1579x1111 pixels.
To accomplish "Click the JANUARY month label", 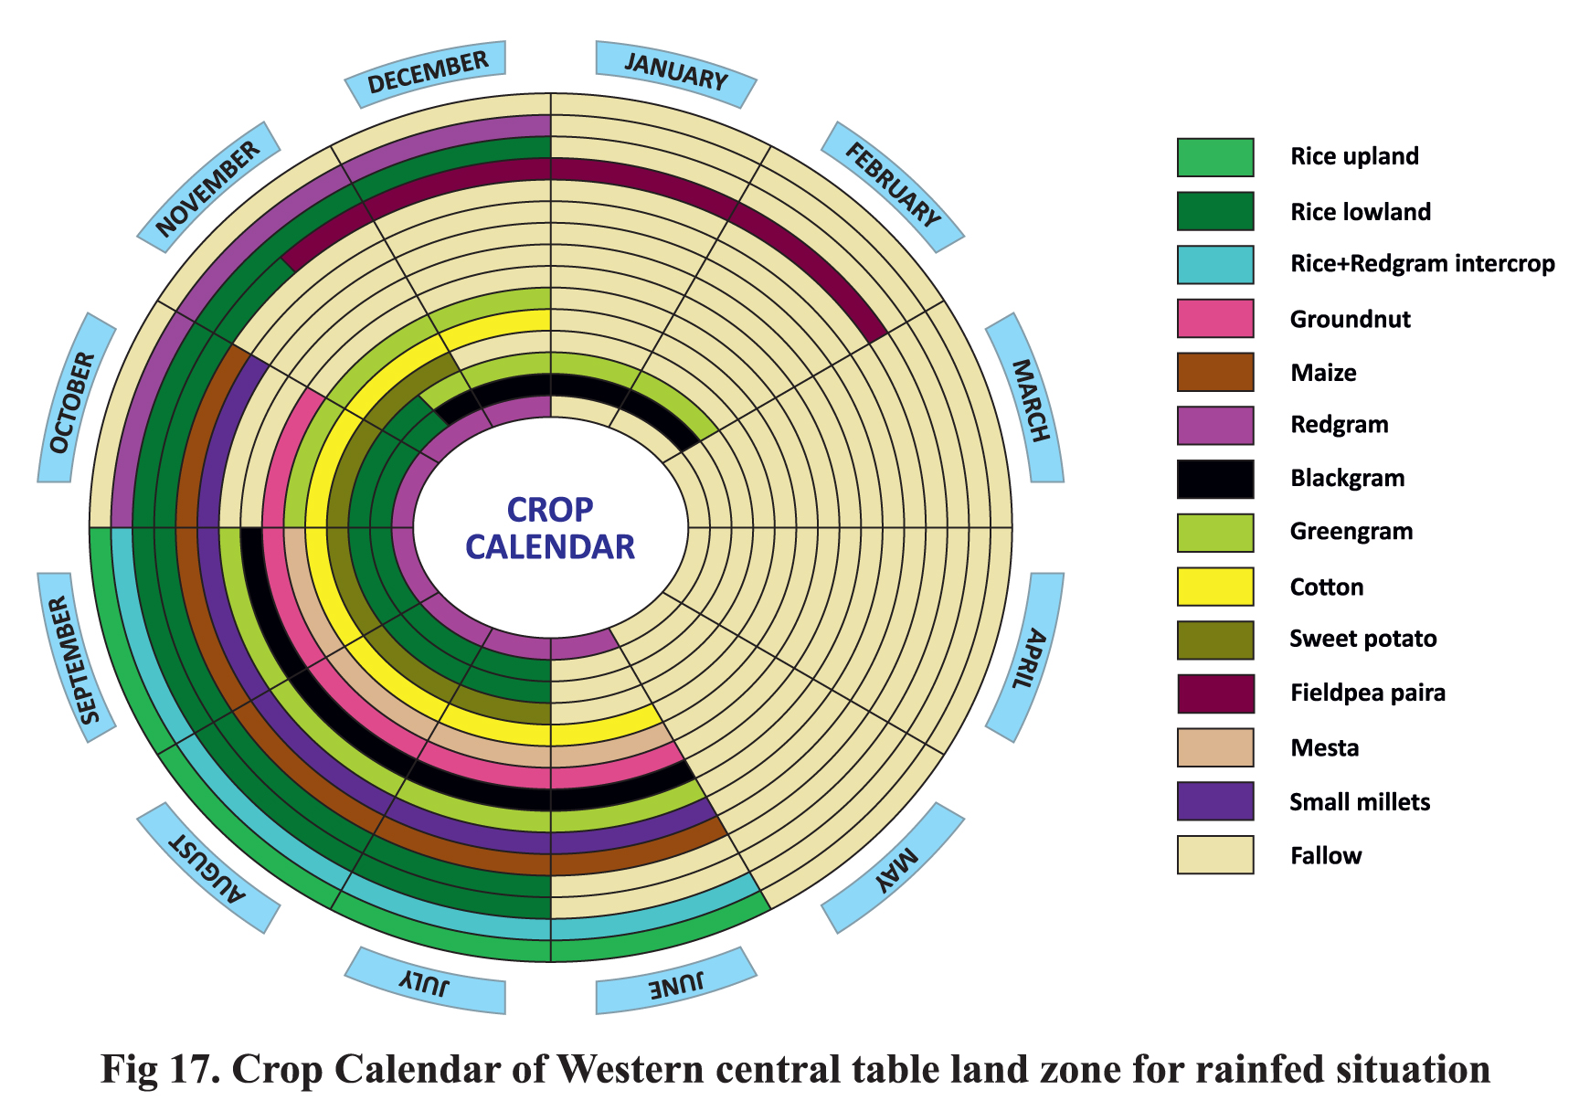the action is pyautogui.click(x=676, y=72).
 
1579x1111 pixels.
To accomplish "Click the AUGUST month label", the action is pyautogui.click(x=208, y=868).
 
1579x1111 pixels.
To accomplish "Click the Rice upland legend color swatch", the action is pyautogui.click(x=1214, y=157).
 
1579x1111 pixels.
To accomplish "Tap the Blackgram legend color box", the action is pyautogui.click(x=1214, y=479).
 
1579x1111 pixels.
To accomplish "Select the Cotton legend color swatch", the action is pyautogui.click(x=1214, y=587).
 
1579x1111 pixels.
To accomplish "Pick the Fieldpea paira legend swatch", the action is pyautogui.click(x=1214, y=693).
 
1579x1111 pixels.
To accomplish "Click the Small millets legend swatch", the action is pyautogui.click(x=1214, y=801).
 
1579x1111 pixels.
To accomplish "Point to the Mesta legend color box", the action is pyautogui.click(x=1214, y=747).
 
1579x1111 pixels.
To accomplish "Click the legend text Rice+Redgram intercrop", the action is pyautogui.click(x=1422, y=264).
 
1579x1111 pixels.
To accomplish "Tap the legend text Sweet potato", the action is pyautogui.click(x=1362, y=639).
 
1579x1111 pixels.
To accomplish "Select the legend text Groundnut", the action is pyautogui.click(x=1350, y=319).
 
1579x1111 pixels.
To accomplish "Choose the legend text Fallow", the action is pyautogui.click(x=1326, y=856).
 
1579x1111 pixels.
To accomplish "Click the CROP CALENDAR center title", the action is pyautogui.click(x=550, y=528).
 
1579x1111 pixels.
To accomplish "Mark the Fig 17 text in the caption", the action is pyautogui.click(x=159, y=1070).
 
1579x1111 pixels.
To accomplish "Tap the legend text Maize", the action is pyautogui.click(x=1323, y=373).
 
